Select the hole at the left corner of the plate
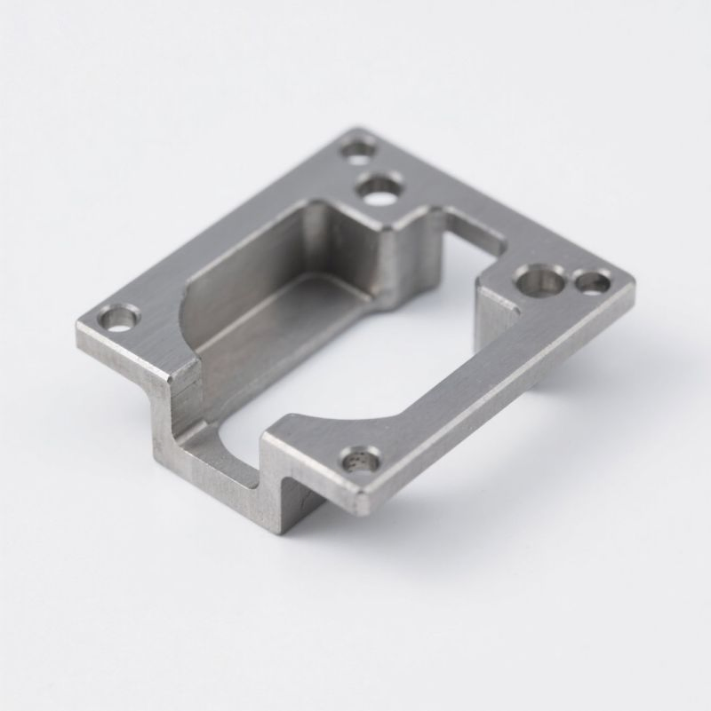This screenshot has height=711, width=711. click(119, 316)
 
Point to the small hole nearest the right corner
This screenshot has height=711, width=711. click(593, 283)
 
